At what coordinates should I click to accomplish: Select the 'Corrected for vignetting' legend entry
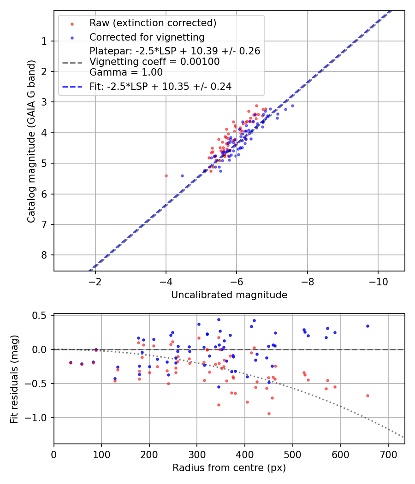147,37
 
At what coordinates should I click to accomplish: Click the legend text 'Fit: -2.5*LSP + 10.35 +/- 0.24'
160,86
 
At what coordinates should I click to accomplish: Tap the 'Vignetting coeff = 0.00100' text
154,62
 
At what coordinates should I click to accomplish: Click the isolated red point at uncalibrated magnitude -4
166,176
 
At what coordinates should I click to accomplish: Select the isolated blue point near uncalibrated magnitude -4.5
182,176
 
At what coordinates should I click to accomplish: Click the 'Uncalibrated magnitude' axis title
229,295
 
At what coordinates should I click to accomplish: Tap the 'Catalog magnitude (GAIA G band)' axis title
31,141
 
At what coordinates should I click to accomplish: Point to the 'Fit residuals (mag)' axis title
14,379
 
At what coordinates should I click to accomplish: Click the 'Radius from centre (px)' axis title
229,468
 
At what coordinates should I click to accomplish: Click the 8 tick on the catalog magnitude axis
44,255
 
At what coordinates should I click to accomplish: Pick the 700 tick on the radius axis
388,453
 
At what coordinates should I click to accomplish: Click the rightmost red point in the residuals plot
368,395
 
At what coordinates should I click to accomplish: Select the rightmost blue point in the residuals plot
368,326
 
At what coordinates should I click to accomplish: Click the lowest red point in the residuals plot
269,413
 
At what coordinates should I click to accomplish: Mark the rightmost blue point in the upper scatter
292,106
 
